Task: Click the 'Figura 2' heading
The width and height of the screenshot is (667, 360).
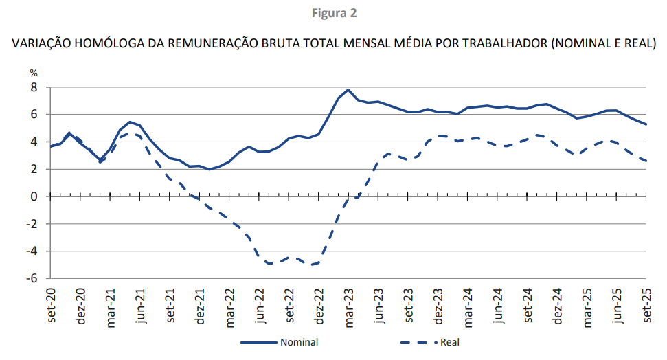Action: tap(334, 13)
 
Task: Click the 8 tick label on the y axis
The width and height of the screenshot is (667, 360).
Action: tap(33, 87)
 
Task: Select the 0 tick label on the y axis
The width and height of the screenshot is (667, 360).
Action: tap(33, 196)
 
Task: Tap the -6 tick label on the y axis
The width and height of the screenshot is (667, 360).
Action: tap(31, 278)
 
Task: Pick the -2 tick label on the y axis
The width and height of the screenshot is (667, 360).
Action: tap(31, 224)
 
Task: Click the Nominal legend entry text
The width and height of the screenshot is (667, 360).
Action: tap(299, 341)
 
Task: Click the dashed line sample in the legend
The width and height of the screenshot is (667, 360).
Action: tap(418, 341)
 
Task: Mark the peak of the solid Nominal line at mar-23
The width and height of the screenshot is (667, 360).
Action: tap(348, 90)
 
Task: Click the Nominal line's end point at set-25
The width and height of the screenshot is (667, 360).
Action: tap(646, 124)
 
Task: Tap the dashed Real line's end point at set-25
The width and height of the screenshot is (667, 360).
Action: tap(646, 161)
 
